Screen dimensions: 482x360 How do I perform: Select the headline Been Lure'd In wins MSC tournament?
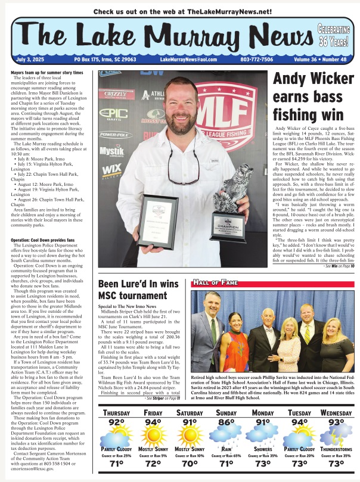[140, 293]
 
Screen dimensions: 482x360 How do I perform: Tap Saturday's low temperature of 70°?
[190, 463]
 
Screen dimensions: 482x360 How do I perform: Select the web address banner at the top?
[179, 11]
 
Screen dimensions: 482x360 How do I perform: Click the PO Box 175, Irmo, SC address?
[104, 60]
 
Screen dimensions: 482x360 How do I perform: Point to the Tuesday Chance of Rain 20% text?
[299, 455]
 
